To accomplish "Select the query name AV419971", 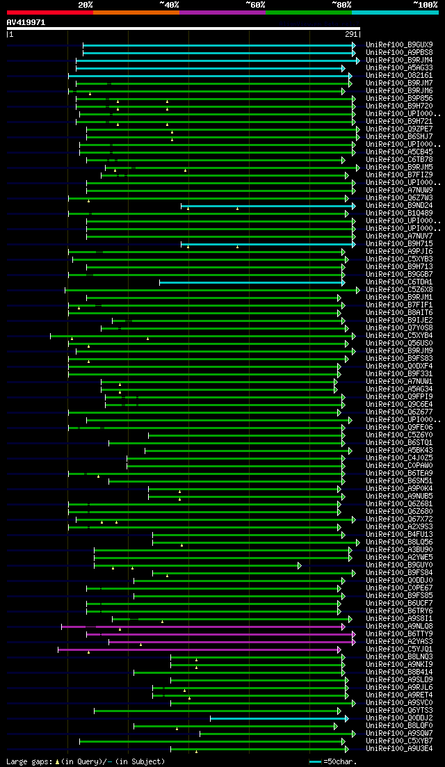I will (x=26, y=22).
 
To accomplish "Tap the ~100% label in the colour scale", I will (x=425, y=4).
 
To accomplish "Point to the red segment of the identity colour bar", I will (x=49, y=12).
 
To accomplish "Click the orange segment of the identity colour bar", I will (x=136, y=12).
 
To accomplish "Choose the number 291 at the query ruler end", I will (x=351, y=34).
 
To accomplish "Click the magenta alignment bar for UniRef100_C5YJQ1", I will (x=198, y=649).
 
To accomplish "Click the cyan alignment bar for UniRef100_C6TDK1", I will (x=250, y=282).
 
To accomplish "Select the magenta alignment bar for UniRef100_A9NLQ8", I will (x=202, y=626).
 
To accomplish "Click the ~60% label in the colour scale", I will (x=254, y=4).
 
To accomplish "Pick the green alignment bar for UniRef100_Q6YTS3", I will (x=216, y=710).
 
